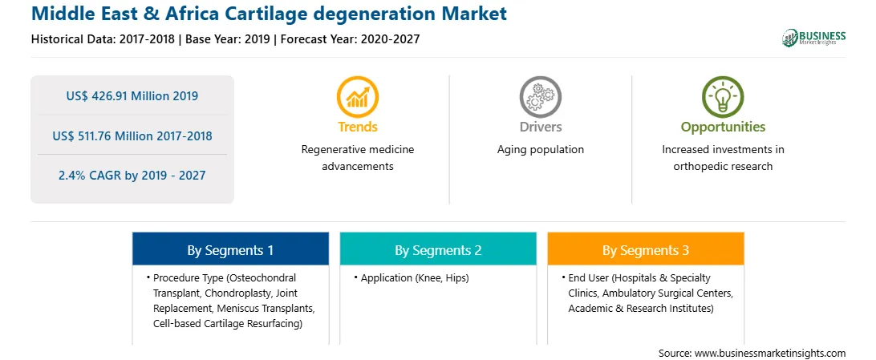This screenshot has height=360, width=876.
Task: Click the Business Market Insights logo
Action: click(813, 38)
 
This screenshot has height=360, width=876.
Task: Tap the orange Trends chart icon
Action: click(358, 96)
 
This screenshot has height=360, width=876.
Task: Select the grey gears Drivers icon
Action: click(540, 96)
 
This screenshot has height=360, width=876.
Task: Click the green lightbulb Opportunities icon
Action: click(723, 96)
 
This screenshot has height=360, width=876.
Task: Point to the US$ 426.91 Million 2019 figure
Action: click(132, 96)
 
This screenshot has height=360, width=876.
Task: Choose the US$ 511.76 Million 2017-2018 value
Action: click(132, 136)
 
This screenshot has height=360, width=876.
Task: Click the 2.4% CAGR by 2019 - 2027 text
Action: click(132, 176)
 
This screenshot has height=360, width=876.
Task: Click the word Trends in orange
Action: click(358, 127)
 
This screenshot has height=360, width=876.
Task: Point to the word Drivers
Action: click(540, 127)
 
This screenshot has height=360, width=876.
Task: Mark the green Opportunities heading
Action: click(723, 127)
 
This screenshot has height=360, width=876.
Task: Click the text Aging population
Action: click(540, 150)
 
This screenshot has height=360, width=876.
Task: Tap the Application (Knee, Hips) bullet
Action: click(412, 278)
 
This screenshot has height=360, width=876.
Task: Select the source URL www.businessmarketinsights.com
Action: click(770, 353)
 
